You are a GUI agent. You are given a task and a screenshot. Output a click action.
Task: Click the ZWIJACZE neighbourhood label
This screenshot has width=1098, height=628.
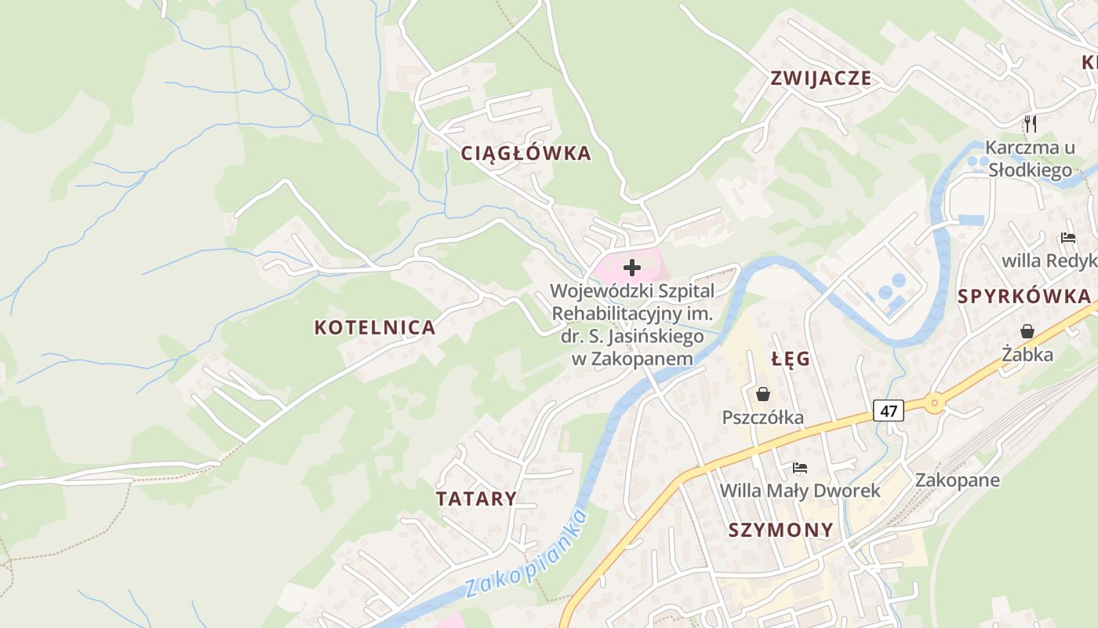pyautogui.click(x=820, y=78)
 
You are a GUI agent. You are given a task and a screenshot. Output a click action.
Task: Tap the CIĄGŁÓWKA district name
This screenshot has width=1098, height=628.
pyautogui.click(x=525, y=153)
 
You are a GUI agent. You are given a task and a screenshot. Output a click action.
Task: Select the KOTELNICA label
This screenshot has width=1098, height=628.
pyautogui.click(x=375, y=327)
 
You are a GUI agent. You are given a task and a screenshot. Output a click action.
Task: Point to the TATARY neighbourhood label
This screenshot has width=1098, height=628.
pyautogui.click(x=476, y=498)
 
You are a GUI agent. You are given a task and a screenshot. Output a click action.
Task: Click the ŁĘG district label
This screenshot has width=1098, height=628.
pyautogui.click(x=790, y=359)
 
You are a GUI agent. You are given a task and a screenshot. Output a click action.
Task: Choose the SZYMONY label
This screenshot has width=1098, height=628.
pyautogui.click(x=780, y=530)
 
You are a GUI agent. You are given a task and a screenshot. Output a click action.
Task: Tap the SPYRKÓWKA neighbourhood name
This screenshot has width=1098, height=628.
pyautogui.click(x=1023, y=296)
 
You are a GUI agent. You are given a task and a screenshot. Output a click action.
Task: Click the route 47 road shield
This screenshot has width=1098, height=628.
pyautogui.click(x=888, y=410)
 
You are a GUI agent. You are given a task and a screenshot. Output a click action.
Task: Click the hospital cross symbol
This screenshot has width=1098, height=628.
pyautogui.click(x=631, y=268)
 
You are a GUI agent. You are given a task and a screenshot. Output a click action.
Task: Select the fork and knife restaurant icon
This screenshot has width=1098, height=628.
pyautogui.click(x=1031, y=123)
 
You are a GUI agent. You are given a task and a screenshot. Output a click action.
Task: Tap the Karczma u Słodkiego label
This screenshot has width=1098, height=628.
pyautogui.click(x=1030, y=159)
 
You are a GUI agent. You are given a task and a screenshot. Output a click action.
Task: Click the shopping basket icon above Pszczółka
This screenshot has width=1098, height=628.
pyautogui.click(x=762, y=394)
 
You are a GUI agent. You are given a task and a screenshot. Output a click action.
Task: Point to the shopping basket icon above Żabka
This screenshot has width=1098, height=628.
pyautogui.click(x=1027, y=331)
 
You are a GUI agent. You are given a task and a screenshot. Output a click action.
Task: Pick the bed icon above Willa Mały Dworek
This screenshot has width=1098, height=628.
pyautogui.click(x=799, y=468)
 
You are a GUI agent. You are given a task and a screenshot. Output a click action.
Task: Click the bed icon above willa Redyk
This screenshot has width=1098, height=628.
pyautogui.click(x=1067, y=237)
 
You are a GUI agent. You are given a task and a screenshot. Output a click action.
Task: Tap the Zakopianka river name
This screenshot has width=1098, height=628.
pyautogui.click(x=525, y=554)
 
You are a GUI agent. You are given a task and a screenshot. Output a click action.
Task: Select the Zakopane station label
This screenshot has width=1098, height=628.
pyautogui.click(x=957, y=480)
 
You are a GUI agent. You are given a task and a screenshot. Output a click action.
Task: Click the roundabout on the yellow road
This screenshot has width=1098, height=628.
pyautogui.click(x=933, y=403)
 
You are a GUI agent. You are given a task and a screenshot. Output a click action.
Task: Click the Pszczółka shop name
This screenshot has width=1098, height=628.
pyautogui.click(x=762, y=417)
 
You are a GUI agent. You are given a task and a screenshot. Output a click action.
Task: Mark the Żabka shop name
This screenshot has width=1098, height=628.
pyautogui.click(x=1027, y=355)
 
